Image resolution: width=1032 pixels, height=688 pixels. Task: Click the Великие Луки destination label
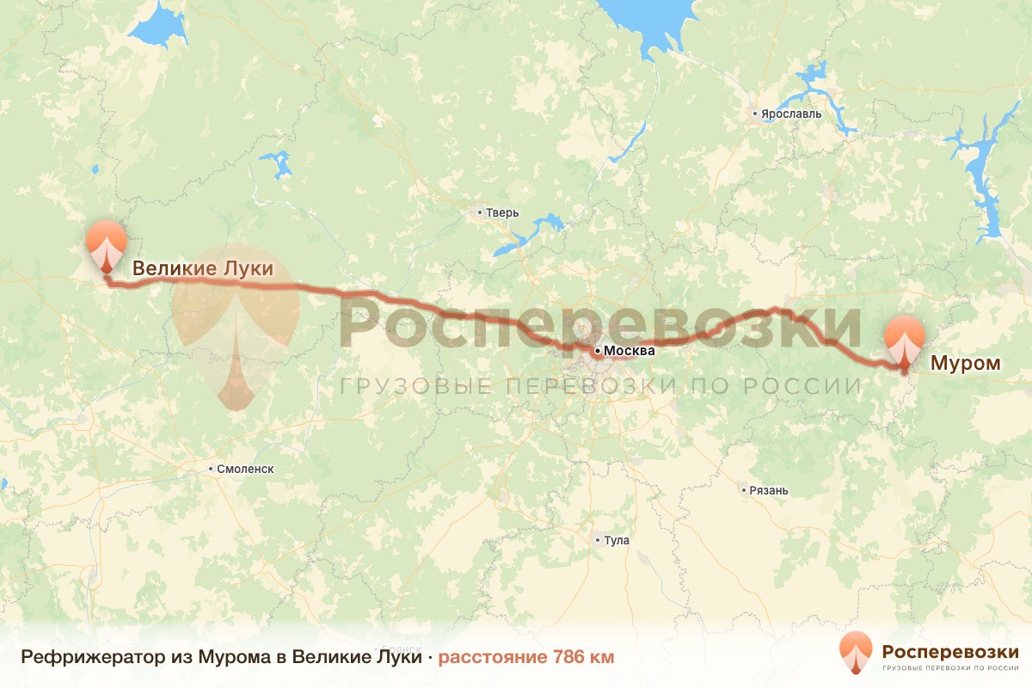[202, 268]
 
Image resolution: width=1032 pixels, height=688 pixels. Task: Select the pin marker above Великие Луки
[107, 244]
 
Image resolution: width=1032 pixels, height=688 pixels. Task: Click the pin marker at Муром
[904, 341]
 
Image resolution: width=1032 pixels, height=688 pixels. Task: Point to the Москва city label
[630, 351]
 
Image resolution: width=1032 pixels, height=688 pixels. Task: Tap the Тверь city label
[503, 212]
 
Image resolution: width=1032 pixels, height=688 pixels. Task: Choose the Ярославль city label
[791, 114]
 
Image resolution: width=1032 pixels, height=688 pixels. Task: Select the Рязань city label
[769, 491]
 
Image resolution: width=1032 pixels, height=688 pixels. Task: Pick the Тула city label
[617, 541]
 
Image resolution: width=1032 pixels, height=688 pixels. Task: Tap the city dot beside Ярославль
[755, 114]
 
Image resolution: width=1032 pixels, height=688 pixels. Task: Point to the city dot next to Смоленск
[212, 469]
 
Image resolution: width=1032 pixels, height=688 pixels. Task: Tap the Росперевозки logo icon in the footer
[857, 652]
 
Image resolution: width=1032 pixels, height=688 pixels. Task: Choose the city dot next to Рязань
[744, 491]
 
